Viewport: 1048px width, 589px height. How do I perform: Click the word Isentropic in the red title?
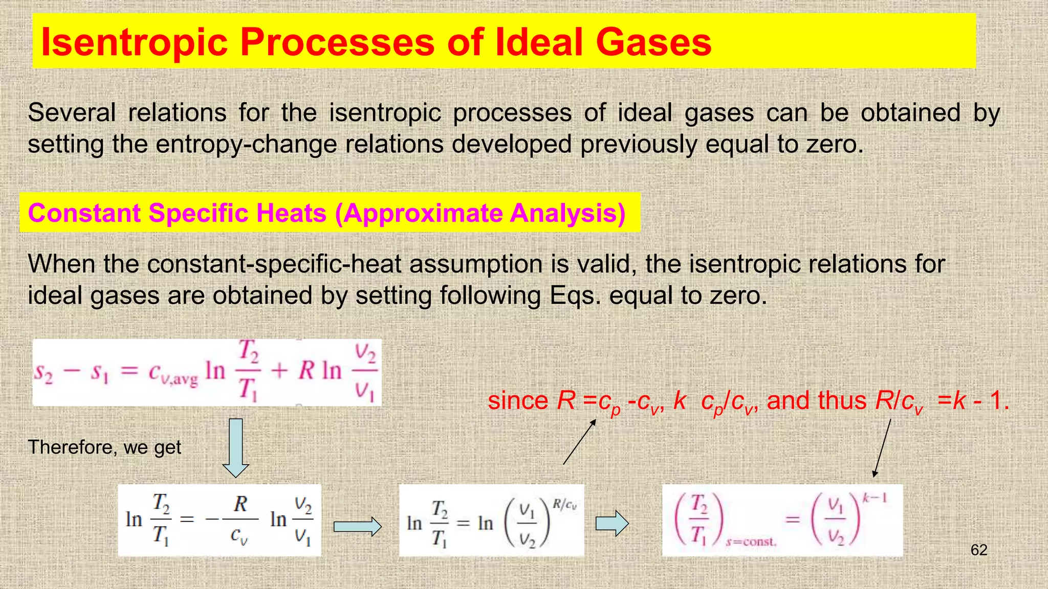(x=134, y=42)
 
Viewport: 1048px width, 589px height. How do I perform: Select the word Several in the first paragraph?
(x=72, y=112)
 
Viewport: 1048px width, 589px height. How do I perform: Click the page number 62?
(x=978, y=550)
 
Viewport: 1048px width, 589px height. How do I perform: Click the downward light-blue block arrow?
(x=235, y=447)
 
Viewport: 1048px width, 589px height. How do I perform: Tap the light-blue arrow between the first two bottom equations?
(x=357, y=526)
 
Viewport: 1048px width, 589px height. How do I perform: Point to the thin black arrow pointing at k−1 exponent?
(x=882, y=447)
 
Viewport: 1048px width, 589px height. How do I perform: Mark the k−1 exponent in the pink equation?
(x=875, y=498)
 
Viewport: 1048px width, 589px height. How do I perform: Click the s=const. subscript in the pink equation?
(x=751, y=542)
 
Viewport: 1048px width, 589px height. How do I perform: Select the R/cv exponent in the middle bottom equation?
(x=564, y=505)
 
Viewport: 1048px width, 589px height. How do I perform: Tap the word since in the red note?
(x=518, y=400)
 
